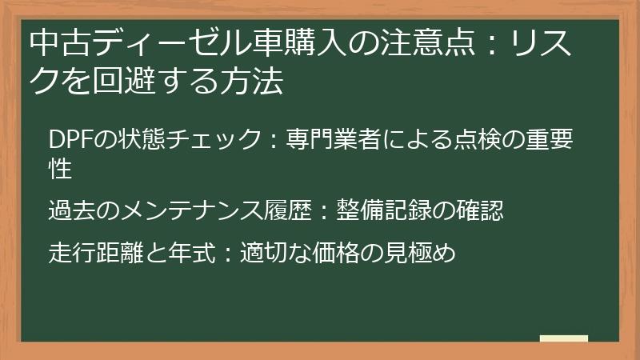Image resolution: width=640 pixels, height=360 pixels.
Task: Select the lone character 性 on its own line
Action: [61, 170]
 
